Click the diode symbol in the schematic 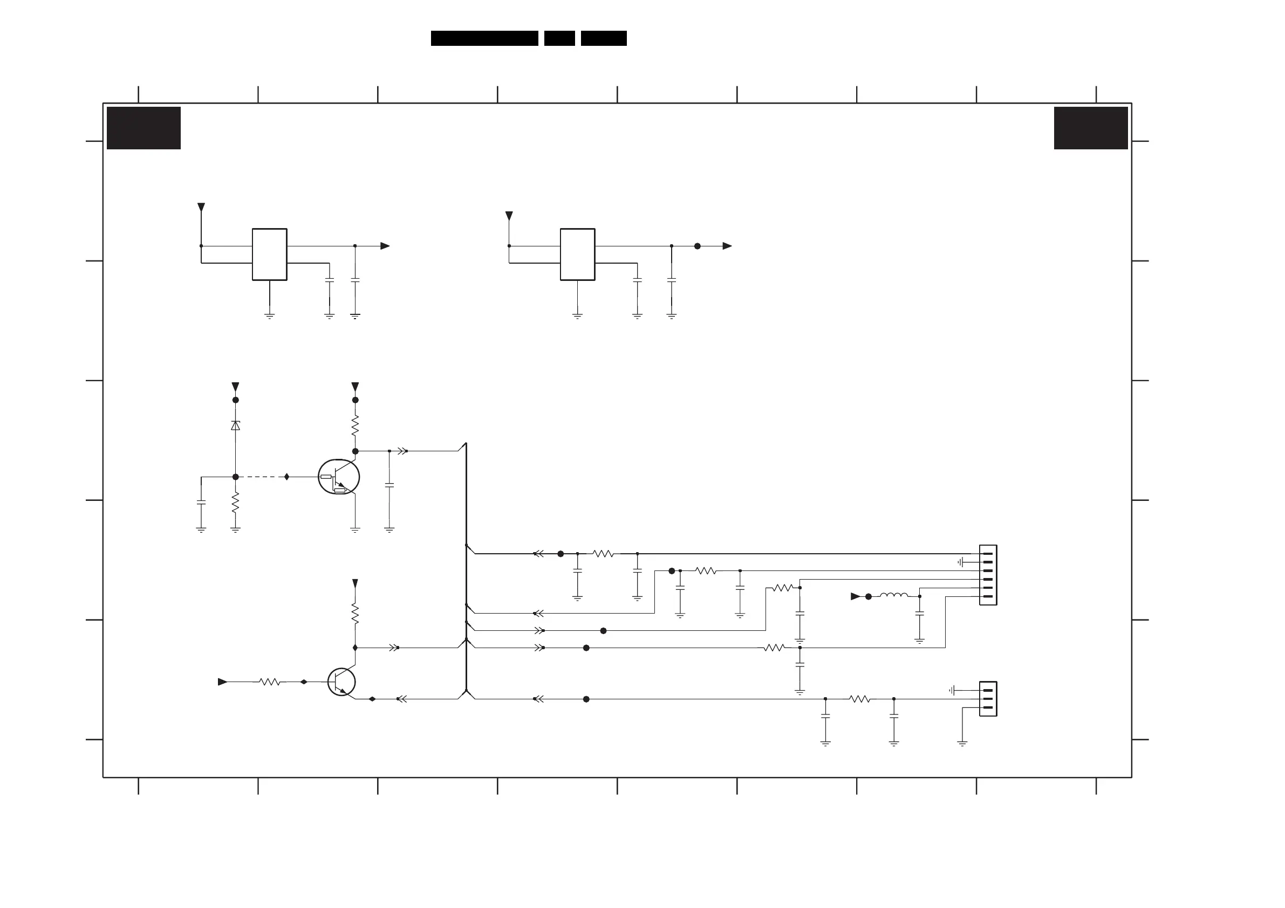coord(236,426)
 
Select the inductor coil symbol coord(894,595)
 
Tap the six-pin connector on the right coord(988,575)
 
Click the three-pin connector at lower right coord(988,699)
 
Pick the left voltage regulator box coord(270,254)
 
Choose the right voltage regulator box coord(578,254)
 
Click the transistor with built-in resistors coord(339,477)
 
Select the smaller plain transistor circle coord(341,682)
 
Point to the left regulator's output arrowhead coord(385,246)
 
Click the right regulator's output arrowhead coord(727,246)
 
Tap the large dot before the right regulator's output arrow coord(698,246)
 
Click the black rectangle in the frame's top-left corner coord(144,128)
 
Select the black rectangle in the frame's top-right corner coord(1091,128)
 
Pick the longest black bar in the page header coord(484,38)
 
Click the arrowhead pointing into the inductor coord(855,596)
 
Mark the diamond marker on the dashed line coord(287,477)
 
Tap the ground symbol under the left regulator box coord(270,316)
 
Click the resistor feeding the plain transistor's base coord(270,682)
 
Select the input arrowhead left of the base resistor coord(222,682)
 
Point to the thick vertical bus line coord(466,565)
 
